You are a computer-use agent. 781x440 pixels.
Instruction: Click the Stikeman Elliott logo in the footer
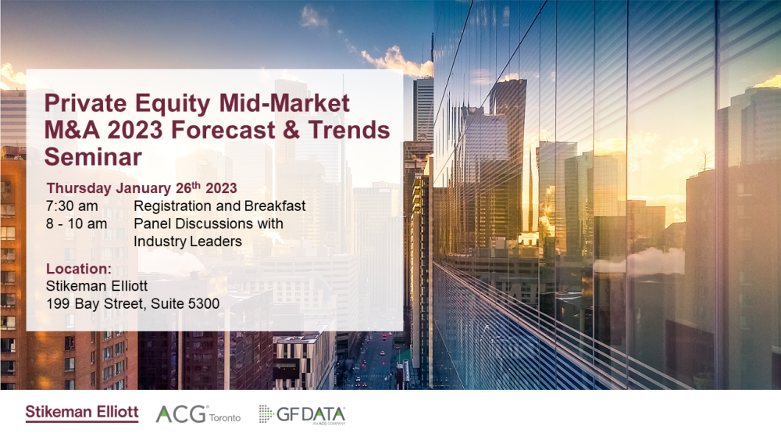tap(82, 413)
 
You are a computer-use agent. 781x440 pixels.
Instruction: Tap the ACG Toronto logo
tap(198, 414)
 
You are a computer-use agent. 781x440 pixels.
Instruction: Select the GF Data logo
tap(301, 414)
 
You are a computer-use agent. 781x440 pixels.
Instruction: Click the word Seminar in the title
tap(93, 156)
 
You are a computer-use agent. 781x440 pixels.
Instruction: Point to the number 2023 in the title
tap(135, 130)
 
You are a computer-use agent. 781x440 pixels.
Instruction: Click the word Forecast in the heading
tap(223, 130)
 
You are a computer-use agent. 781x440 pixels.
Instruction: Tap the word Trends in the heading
tap(349, 130)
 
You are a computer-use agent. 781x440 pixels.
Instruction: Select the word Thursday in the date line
tap(79, 188)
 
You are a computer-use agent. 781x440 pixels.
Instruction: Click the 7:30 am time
tap(72, 206)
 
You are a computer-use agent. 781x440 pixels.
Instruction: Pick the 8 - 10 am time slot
tap(77, 224)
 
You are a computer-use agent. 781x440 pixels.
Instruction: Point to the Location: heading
tap(79, 269)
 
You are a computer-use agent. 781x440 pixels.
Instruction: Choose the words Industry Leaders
tap(187, 241)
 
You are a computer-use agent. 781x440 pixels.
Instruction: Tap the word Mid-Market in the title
tap(284, 103)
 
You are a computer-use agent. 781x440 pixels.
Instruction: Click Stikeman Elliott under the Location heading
tap(97, 286)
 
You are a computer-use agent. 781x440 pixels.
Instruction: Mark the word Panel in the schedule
tap(152, 224)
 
